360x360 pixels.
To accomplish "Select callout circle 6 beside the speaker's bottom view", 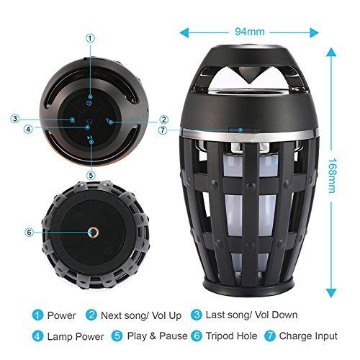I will (30, 232).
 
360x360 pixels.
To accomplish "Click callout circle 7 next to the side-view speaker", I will (164, 130).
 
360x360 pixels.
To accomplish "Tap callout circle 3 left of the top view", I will (14, 119).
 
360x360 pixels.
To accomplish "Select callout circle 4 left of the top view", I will (27, 130).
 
